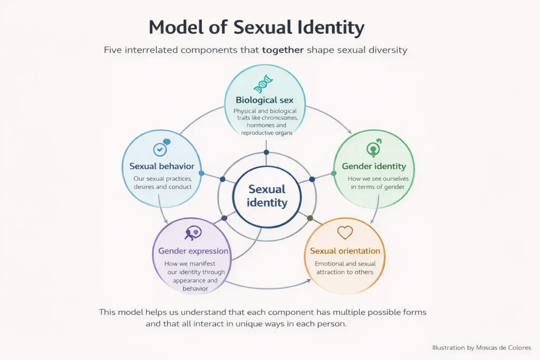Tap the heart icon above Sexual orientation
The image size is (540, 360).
[x=345, y=232]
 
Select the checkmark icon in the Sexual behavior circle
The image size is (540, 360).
[x=160, y=149]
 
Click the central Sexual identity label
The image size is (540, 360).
[x=267, y=196]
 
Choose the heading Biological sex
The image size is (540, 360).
[x=264, y=100]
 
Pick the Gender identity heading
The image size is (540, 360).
[x=373, y=167]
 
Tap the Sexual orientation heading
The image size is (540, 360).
[x=345, y=251]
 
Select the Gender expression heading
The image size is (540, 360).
[x=193, y=251]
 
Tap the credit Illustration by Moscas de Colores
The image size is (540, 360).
[x=481, y=347]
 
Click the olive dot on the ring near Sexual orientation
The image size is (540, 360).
[x=310, y=218]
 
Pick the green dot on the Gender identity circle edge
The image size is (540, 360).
[x=334, y=173]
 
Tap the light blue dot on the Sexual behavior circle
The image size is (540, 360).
[x=201, y=173]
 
